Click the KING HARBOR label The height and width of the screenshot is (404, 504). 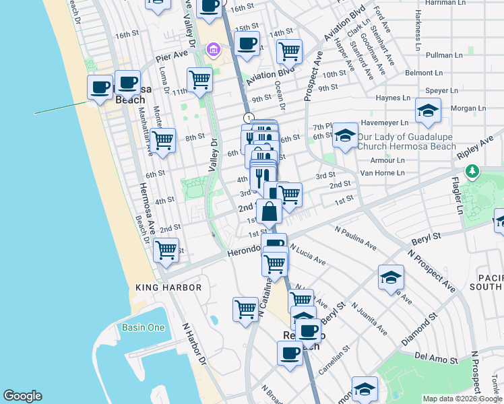point(168,288)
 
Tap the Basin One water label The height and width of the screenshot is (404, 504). point(143,328)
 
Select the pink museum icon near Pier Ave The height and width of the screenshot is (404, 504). point(214,49)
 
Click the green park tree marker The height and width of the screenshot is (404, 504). point(473,171)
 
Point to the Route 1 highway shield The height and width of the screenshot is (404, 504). point(249,118)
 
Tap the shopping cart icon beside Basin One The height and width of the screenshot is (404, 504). point(245,308)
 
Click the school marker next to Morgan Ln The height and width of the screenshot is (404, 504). point(427,110)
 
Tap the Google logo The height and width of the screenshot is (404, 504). point(22,396)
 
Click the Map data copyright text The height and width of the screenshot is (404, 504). point(462,399)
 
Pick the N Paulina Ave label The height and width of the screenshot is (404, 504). point(355,238)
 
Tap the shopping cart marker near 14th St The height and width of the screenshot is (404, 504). point(289,50)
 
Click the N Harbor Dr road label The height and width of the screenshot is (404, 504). point(193,343)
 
